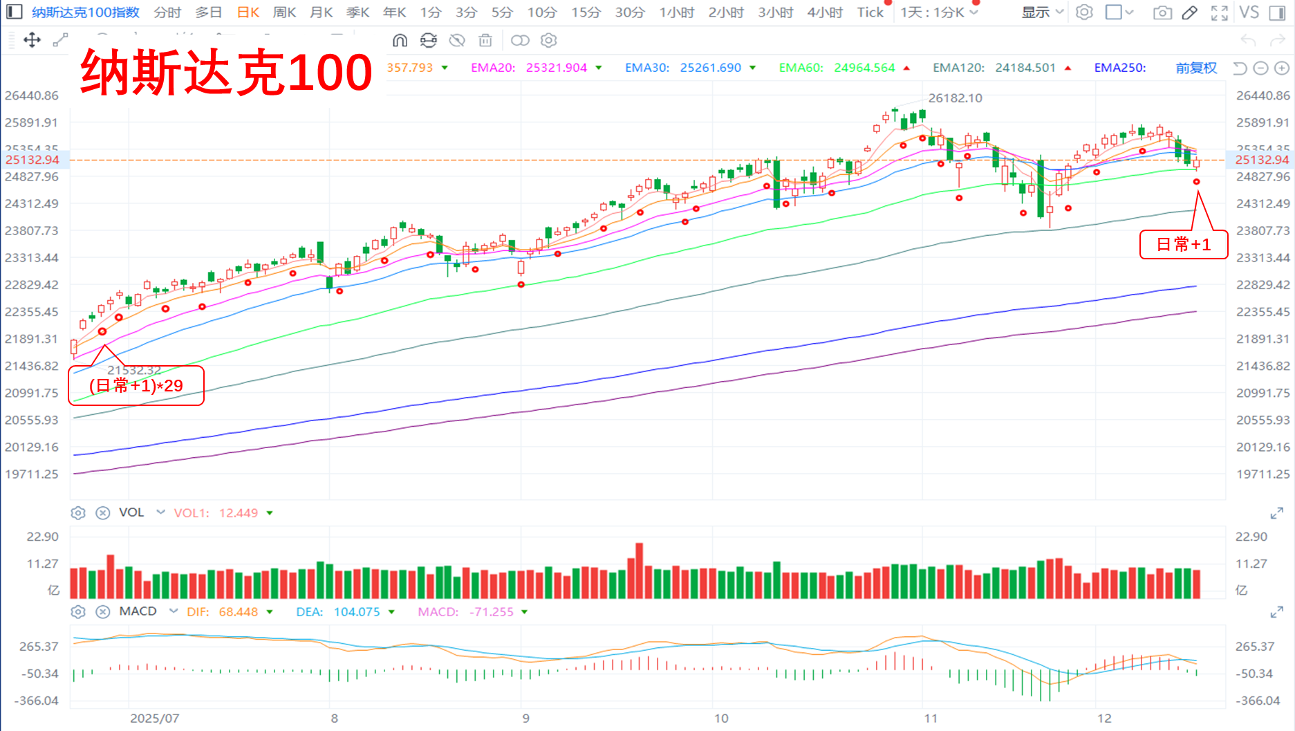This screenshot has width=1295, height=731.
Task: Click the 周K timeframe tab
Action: click(x=284, y=12)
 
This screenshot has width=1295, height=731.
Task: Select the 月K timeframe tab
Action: click(x=321, y=12)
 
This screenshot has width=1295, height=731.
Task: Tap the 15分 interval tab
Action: click(x=586, y=12)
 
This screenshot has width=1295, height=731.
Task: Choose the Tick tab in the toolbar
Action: click(x=870, y=12)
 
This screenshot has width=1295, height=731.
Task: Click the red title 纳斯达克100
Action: click(x=227, y=73)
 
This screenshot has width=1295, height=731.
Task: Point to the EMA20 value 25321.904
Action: click(x=556, y=68)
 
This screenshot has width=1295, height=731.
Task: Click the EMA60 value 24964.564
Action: click(x=864, y=68)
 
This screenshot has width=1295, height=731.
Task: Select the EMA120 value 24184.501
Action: click(x=1025, y=68)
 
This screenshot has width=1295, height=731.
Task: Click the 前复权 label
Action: click(x=1195, y=68)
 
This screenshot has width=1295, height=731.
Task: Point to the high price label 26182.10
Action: click(x=955, y=98)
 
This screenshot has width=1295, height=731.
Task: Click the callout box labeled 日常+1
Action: click(x=1183, y=245)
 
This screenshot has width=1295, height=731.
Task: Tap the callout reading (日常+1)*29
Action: click(x=136, y=386)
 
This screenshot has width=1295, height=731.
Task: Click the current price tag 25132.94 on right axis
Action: click(x=1262, y=160)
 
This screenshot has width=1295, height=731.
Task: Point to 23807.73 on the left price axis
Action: click(x=32, y=231)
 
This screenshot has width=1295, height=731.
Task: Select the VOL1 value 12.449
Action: click(x=238, y=513)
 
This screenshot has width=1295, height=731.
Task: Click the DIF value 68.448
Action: click(x=238, y=612)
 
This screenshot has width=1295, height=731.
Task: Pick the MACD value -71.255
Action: click(x=491, y=612)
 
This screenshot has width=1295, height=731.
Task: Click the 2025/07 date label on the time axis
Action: click(x=154, y=719)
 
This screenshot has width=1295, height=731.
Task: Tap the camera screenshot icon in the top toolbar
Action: click(x=1162, y=12)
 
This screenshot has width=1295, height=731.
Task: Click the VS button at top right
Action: click(x=1249, y=12)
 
